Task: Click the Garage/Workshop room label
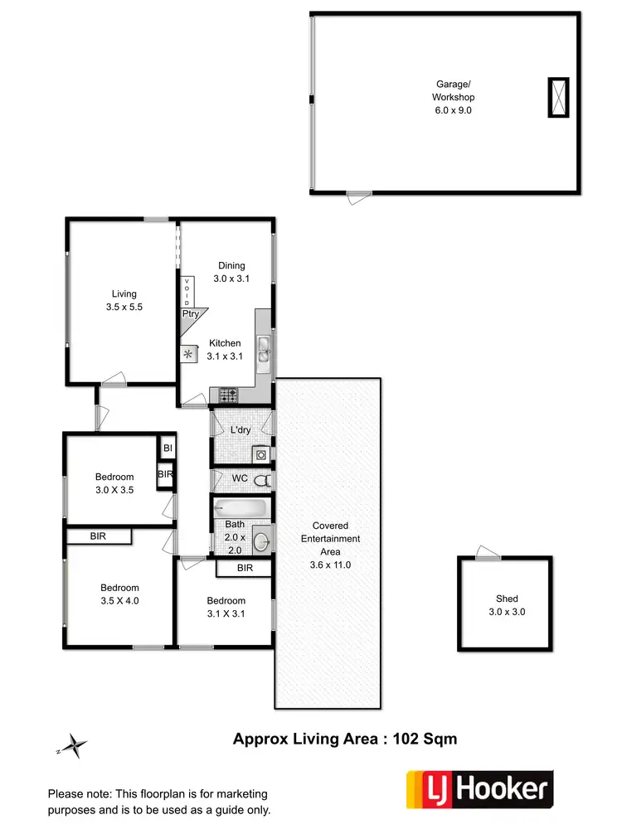pyautogui.click(x=454, y=96)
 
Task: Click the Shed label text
pyautogui.click(x=507, y=599)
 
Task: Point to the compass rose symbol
pyautogui.click(x=75, y=746)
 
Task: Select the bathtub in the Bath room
pyautogui.click(x=241, y=507)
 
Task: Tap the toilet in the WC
pyautogui.click(x=262, y=480)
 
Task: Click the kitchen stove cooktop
pyautogui.click(x=228, y=395)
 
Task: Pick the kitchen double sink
pyautogui.click(x=264, y=350)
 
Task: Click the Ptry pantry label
pyautogui.click(x=190, y=314)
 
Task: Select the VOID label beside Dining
pyautogui.click(x=187, y=292)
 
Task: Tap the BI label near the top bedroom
pyautogui.click(x=168, y=448)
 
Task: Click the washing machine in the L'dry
pyautogui.click(x=261, y=453)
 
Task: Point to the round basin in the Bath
pyautogui.click(x=260, y=542)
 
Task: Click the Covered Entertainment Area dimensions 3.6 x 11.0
pyautogui.click(x=330, y=565)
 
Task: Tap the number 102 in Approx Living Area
pyautogui.click(x=408, y=739)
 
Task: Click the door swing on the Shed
pyautogui.click(x=488, y=554)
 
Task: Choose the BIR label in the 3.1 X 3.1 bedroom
pyautogui.click(x=245, y=568)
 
